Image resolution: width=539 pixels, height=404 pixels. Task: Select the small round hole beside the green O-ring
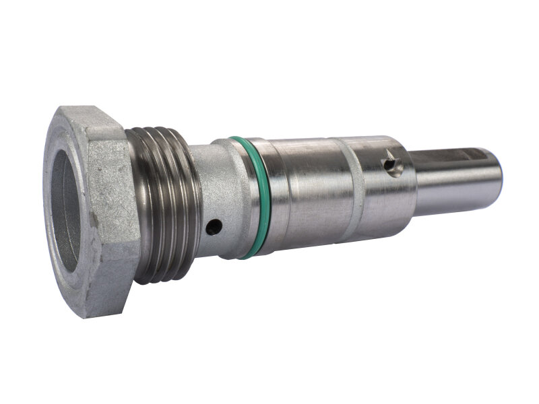pos(212,228)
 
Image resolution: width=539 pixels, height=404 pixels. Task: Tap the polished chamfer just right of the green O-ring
pos(264,199)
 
